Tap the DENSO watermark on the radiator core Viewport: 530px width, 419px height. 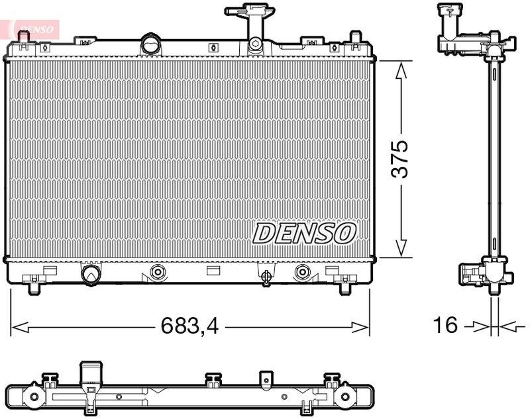click(x=304, y=232)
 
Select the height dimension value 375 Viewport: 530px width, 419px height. click(x=399, y=159)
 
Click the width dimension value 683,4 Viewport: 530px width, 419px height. click(x=189, y=326)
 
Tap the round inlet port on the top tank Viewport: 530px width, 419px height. click(x=152, y=45)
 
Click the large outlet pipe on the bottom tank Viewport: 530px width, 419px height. click(x=90, y=272)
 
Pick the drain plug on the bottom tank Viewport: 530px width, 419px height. click(x=265, y=275)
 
